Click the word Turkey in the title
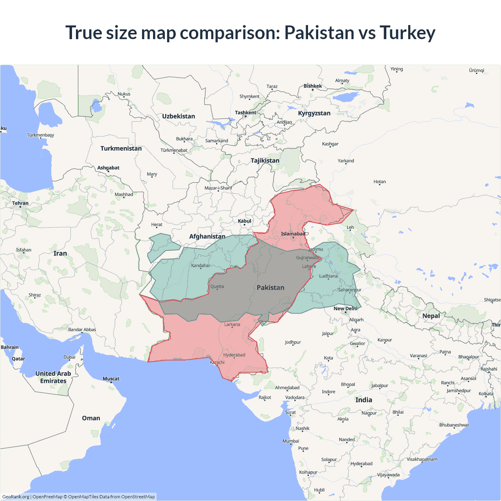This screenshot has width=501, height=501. point(407,32)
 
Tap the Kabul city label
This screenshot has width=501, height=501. point(245,221)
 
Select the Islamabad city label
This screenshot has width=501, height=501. point(293,234)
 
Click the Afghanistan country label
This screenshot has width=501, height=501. point(207,236)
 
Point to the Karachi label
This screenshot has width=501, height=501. point(217,362)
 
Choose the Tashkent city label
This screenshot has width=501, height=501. point(245,113)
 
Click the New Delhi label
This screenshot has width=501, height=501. point(345,309)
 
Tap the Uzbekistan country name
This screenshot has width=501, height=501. point(178,116)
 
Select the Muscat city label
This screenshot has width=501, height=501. point(111,379)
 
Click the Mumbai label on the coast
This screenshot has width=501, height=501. point(291,441)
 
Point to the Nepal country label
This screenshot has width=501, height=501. point(431,316)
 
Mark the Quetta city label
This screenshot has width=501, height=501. point(217,287)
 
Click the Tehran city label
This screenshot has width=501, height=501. point(20,203)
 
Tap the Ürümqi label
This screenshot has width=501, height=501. point(476,70)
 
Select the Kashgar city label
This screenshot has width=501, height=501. point(330,144)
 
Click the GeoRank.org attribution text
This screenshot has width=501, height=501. point(16,497)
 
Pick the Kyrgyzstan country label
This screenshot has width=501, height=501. point(314,113)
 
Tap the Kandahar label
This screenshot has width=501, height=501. point(201,266)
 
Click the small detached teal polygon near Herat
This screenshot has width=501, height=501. point(161,247)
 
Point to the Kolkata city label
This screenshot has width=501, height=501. point(486,394)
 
